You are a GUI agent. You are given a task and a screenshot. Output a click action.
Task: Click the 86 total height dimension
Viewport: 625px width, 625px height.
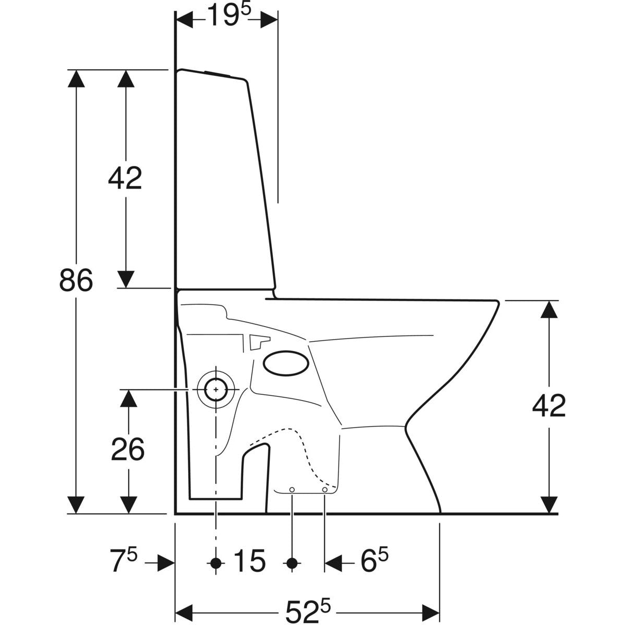point(76,280)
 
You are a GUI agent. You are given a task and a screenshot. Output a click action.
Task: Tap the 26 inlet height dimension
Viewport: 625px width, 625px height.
point(128,449)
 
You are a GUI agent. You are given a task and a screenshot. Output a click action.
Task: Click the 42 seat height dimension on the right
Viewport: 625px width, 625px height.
point(549,406)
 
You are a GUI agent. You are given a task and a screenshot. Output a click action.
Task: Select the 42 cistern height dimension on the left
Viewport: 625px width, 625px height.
point(125,179)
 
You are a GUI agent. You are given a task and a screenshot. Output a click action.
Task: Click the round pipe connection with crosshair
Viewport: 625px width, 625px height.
point(216,389)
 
